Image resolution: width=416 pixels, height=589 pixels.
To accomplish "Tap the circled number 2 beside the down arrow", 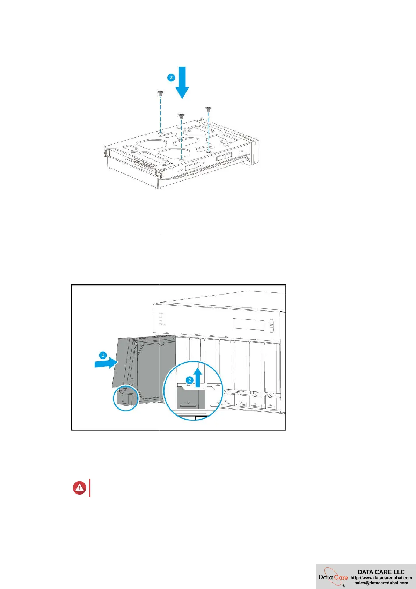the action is click(x=171, y=77).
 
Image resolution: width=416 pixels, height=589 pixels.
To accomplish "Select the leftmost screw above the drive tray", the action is click(x=160, y=93).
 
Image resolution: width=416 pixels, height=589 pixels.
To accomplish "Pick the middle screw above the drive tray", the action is click(x=181, y=116).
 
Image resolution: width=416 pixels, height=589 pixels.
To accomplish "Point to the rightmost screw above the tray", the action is click(x=209, y=109).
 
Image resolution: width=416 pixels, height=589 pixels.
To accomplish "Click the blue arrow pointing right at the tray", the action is click(x=106, y=363).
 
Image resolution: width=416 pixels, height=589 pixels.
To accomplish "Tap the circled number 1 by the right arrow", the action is click(x=103, y=355).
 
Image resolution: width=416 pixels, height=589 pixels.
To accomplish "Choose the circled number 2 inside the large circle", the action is click(x=190, y=380).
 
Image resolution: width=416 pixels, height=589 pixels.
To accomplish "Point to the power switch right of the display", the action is click(x=272, y=326).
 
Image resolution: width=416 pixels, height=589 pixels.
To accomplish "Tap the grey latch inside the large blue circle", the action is click(x=191, y=398).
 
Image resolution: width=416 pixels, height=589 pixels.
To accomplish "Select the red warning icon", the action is click(x=80, y=488).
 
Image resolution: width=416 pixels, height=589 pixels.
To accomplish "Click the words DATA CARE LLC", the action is click(x=381, y=572).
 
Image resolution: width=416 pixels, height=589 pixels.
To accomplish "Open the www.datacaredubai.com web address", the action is click(x=381, y=578).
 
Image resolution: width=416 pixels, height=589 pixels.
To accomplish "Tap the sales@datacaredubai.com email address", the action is click(x=381, y=583).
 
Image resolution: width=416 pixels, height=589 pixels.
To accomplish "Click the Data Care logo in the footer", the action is click(x=333, y=577).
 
